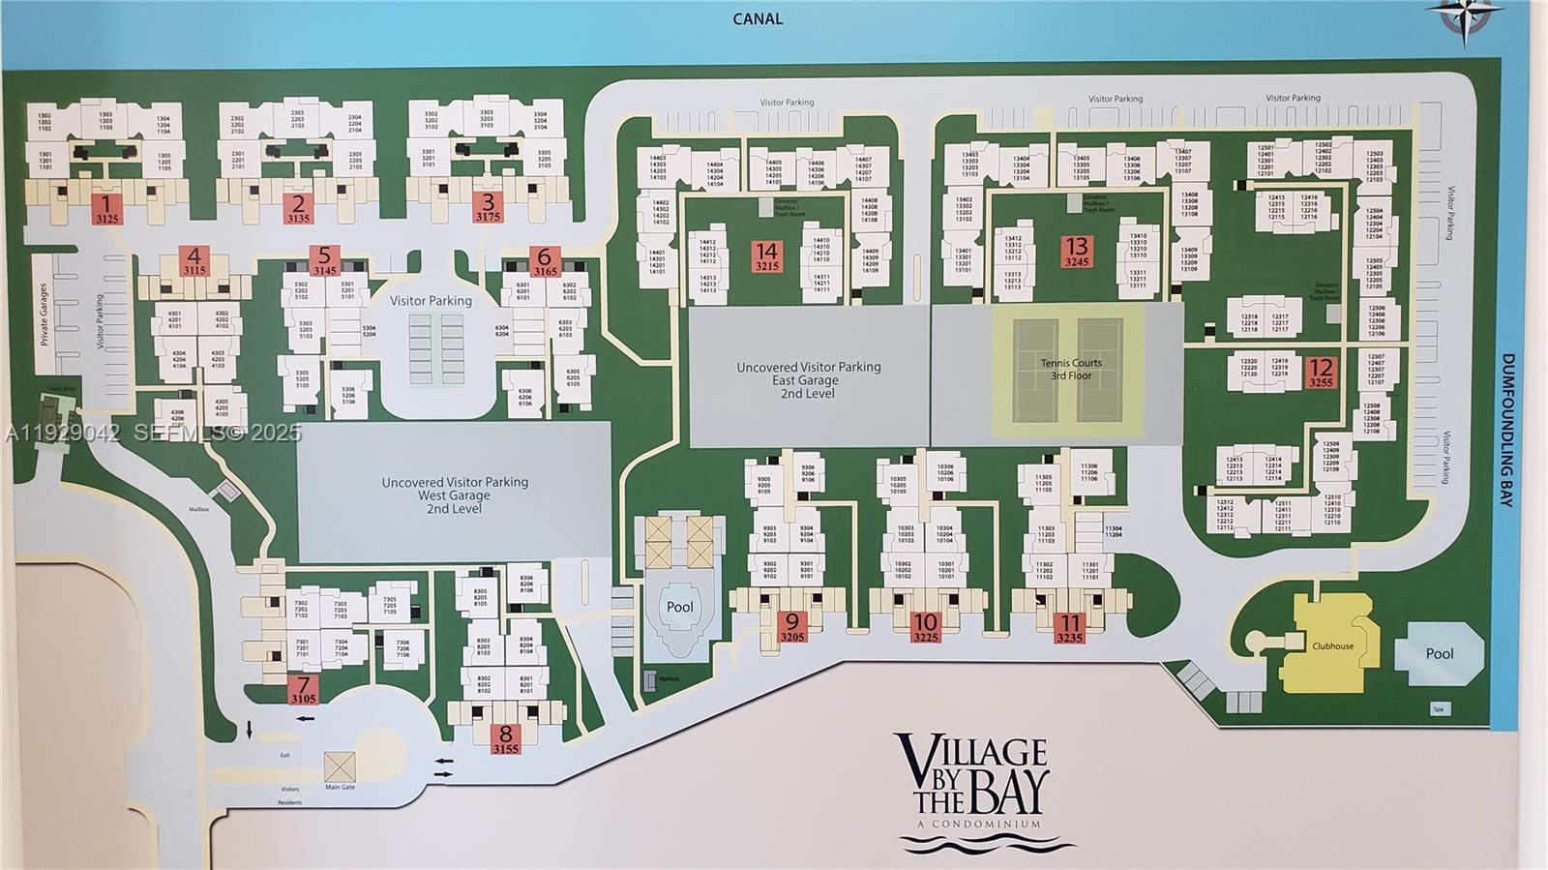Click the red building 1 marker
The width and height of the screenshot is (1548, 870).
(106, 209)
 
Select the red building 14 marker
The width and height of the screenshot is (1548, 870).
(766, 256)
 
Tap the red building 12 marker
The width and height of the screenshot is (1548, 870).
(1321, 373)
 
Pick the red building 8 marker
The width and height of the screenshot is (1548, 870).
(505, 740)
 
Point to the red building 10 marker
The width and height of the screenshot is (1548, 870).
(926, 628)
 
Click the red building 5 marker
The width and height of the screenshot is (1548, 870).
(324, 260)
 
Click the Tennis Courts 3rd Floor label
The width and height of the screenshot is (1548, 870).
(1071, 369)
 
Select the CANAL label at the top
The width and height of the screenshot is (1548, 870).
(757, 18)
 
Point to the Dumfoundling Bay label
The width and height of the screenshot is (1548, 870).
(1506, 430)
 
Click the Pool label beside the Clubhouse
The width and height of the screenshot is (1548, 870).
(1439, 653)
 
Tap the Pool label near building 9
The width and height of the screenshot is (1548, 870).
(679, 607)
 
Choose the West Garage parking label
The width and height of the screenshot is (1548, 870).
(454, 495)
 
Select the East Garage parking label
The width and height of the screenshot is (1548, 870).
(808, 380)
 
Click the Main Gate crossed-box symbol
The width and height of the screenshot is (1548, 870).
(340, 766)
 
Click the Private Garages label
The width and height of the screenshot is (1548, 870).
(44, 315)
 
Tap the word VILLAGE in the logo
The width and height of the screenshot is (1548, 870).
(970, 753)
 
